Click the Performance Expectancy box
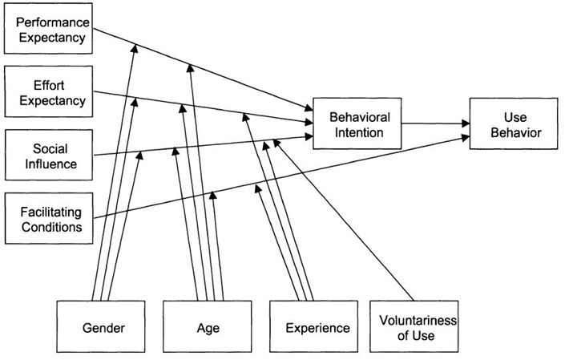(46, 30)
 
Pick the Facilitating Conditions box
(46, 219)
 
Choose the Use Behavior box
(511, 125)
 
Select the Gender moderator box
(101, 327)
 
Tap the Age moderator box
(208, 327)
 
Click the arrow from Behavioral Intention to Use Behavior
(433, 124)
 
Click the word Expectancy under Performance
(46, 38)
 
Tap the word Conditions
(51, 228)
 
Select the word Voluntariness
(417, 321)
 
